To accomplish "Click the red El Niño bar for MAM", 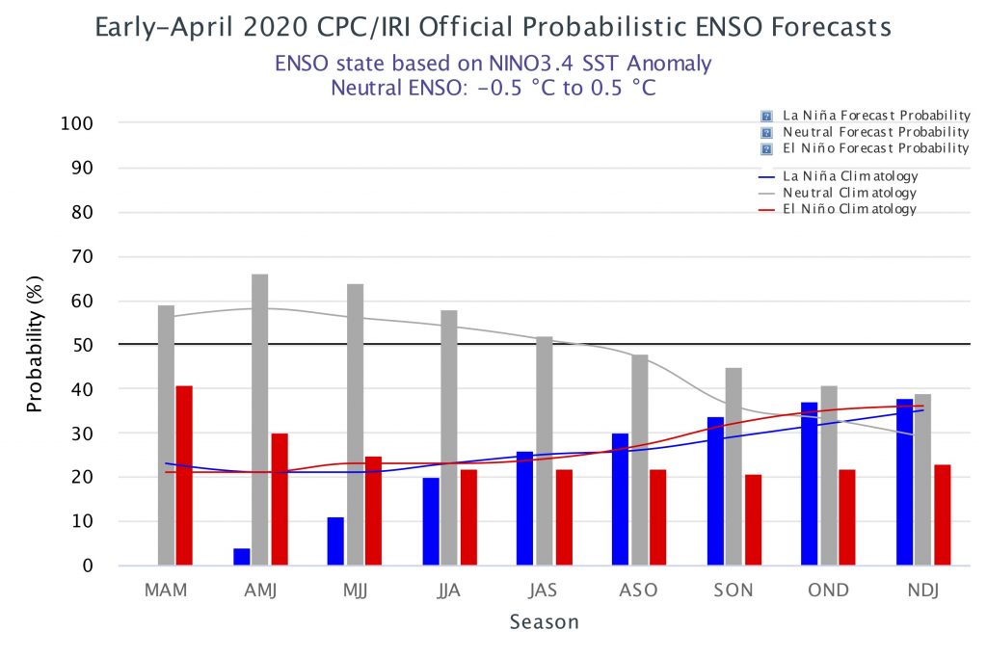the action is click(x=184, y=475).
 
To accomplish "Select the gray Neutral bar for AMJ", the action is click(x=259, y=419).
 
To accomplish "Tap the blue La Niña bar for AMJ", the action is click(x=242, y=557).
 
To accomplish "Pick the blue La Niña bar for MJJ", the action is click(x=335, y=541).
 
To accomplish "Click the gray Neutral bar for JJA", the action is click(x=449, y=437).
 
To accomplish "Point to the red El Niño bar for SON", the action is click(x=754, y=520).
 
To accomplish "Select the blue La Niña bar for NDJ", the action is click(x=904, y=482).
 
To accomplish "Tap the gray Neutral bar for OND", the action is click(x=829, y=475).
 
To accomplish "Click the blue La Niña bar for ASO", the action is click(x=620, y=499).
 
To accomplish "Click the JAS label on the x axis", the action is click(x=543, y=591).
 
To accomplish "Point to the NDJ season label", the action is click(x=922, y=591).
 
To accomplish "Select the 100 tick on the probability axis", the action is click(x=77, y=123).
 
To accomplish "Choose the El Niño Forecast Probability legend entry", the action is click(x=866, y=148).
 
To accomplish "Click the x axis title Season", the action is click(x=544, y=621).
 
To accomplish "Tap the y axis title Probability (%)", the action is click(x=35, y=344).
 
